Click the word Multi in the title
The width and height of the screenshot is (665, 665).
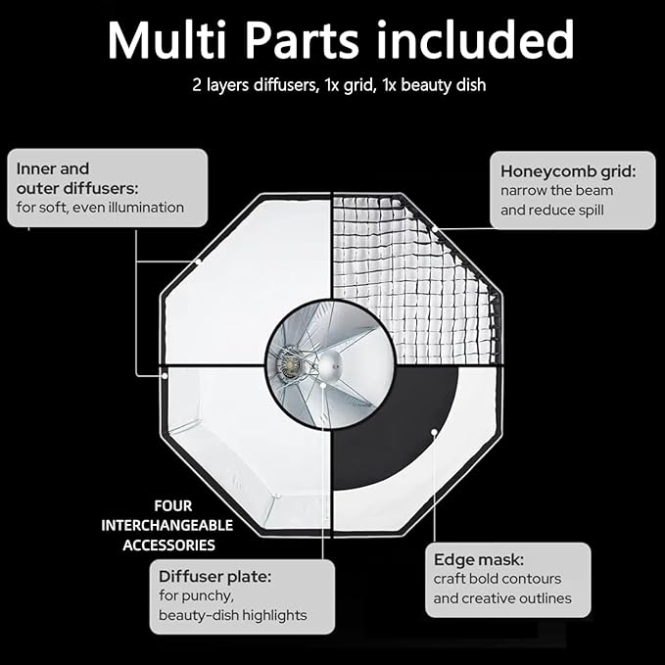[x=177, y=40]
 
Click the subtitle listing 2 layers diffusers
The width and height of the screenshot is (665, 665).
[x=339, y=85]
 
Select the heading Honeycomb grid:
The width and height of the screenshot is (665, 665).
[x=568, y=171]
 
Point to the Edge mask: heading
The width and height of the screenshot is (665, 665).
[x=479, y=559]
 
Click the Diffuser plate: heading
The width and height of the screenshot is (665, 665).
[x=214, y=576]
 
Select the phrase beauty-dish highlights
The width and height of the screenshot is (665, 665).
[x=232, y=615]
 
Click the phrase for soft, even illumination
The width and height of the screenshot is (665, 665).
[x=100, y=208]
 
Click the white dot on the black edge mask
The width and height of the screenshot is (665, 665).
[x=432, y=431]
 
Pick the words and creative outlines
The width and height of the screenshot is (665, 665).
[x=502, y=598]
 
